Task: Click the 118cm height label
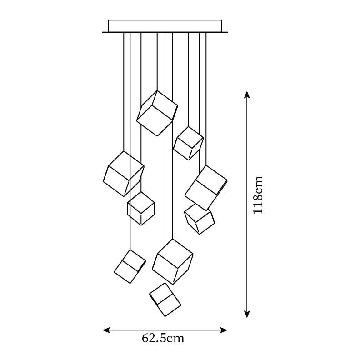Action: (x=258, y=195)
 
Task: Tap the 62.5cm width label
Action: (x=163, y=338)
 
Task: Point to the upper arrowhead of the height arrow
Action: (x=247, y=94)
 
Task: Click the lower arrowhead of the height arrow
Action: (x=247, y=314)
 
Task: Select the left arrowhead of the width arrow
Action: (x=105, y=330)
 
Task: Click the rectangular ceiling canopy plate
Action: (x=165, y=26)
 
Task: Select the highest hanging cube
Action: (x=157, y=113)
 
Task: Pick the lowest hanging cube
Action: (x=165, y=299)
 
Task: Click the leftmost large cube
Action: (x=124, y=174)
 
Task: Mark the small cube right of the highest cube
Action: (x=188, y=143)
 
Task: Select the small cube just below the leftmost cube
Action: (x=141, y=208)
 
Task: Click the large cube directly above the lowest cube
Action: (x=172, y=261)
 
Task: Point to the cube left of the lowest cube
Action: (x=130, y=266)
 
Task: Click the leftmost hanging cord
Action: (x=124, y=91)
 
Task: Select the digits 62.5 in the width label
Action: (x=156, y=338)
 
